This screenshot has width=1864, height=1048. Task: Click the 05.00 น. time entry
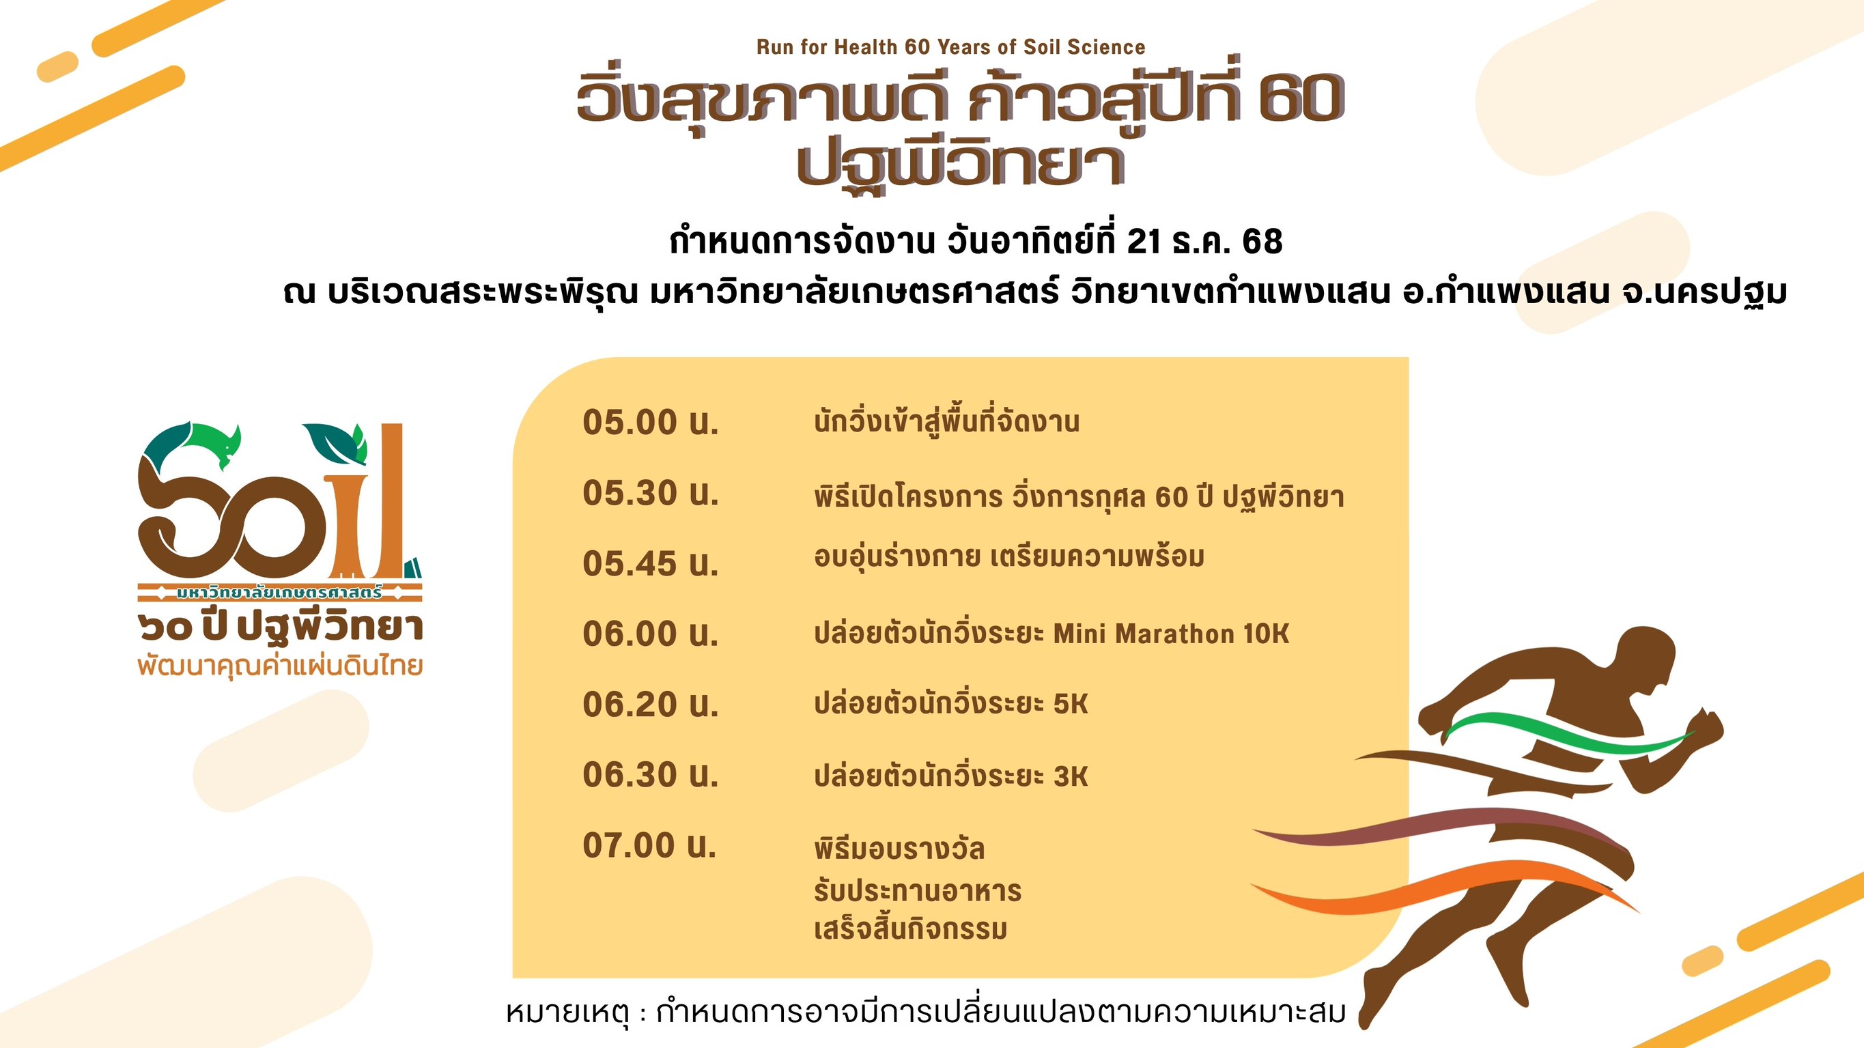pos(651,422)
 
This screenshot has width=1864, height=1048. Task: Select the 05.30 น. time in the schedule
pos(651,493)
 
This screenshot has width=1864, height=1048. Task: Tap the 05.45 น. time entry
pos(651,563)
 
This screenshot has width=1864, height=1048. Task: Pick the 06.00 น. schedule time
pos(651,634)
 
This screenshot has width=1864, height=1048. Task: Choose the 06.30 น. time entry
pos(651,774)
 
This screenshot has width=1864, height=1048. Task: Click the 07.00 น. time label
pos(649,845)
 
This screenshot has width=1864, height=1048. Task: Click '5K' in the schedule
pos(1071,703)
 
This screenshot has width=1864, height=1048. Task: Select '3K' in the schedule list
pos(1071,776)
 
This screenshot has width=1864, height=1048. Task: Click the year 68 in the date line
pos(1262,242)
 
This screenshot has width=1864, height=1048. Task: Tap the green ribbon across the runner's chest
pos(1566,733)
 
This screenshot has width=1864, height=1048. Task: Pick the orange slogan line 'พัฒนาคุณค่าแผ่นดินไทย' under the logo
pos(280,665)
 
